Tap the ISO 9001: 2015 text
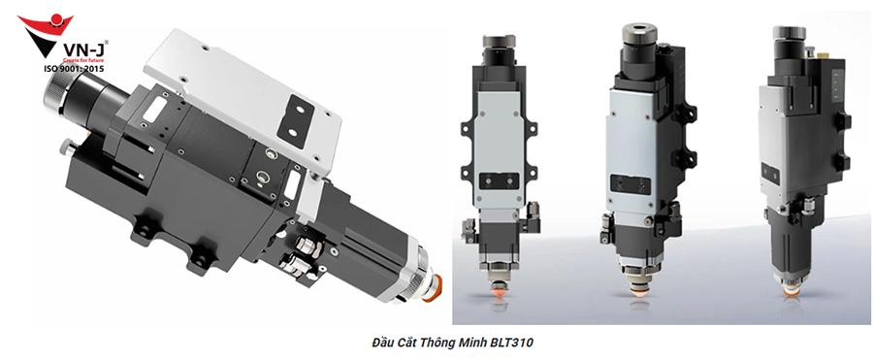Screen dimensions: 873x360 pyautogui.click(x=73, y=69)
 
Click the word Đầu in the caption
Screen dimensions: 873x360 pyautogui.click(x=382, y=342)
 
